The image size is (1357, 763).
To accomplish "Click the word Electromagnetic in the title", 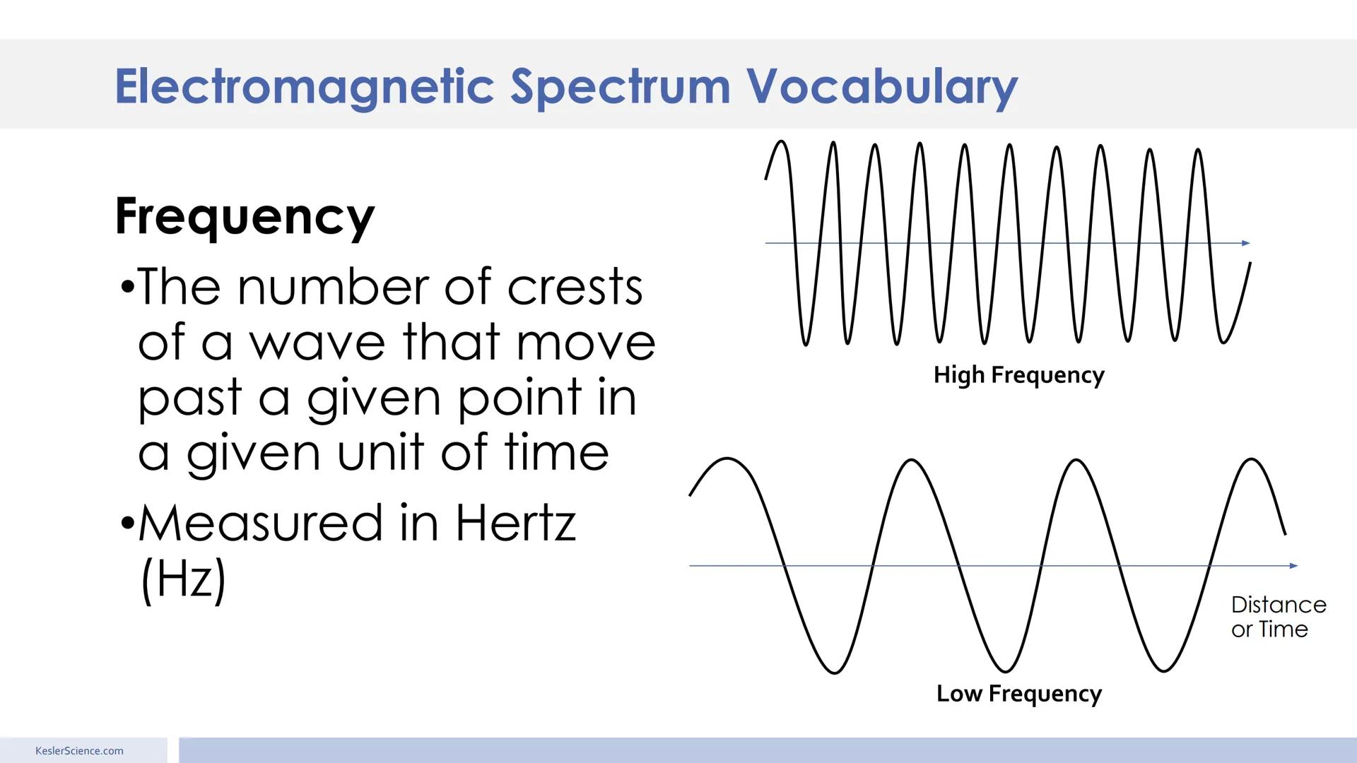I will [304, 86].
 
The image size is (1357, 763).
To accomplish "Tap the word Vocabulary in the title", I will [881, 86].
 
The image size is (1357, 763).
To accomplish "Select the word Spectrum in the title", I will [620, 88].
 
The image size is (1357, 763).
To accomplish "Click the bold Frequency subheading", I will [245, 216].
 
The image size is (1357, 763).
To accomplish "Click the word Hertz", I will [515, 524].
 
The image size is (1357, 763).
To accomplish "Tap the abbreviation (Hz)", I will [184, 579].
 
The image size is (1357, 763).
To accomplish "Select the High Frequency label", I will [1018, 374].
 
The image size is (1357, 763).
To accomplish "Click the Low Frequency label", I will [1018, 693].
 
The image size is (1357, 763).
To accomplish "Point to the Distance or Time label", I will [1278, 617].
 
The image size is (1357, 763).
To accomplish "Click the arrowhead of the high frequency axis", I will [1246, 243].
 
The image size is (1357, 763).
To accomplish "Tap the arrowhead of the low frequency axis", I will [1293, 566].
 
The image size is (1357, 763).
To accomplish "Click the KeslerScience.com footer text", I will [79, 751].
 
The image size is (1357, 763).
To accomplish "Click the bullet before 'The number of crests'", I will [127, 288].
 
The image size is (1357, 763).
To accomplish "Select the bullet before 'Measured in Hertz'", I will [127, 524].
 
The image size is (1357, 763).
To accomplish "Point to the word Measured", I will [261, 524].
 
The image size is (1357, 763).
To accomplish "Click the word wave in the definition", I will [317, 343].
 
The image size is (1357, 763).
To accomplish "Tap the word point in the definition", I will [519, 398].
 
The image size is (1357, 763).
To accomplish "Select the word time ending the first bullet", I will [556, 453].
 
